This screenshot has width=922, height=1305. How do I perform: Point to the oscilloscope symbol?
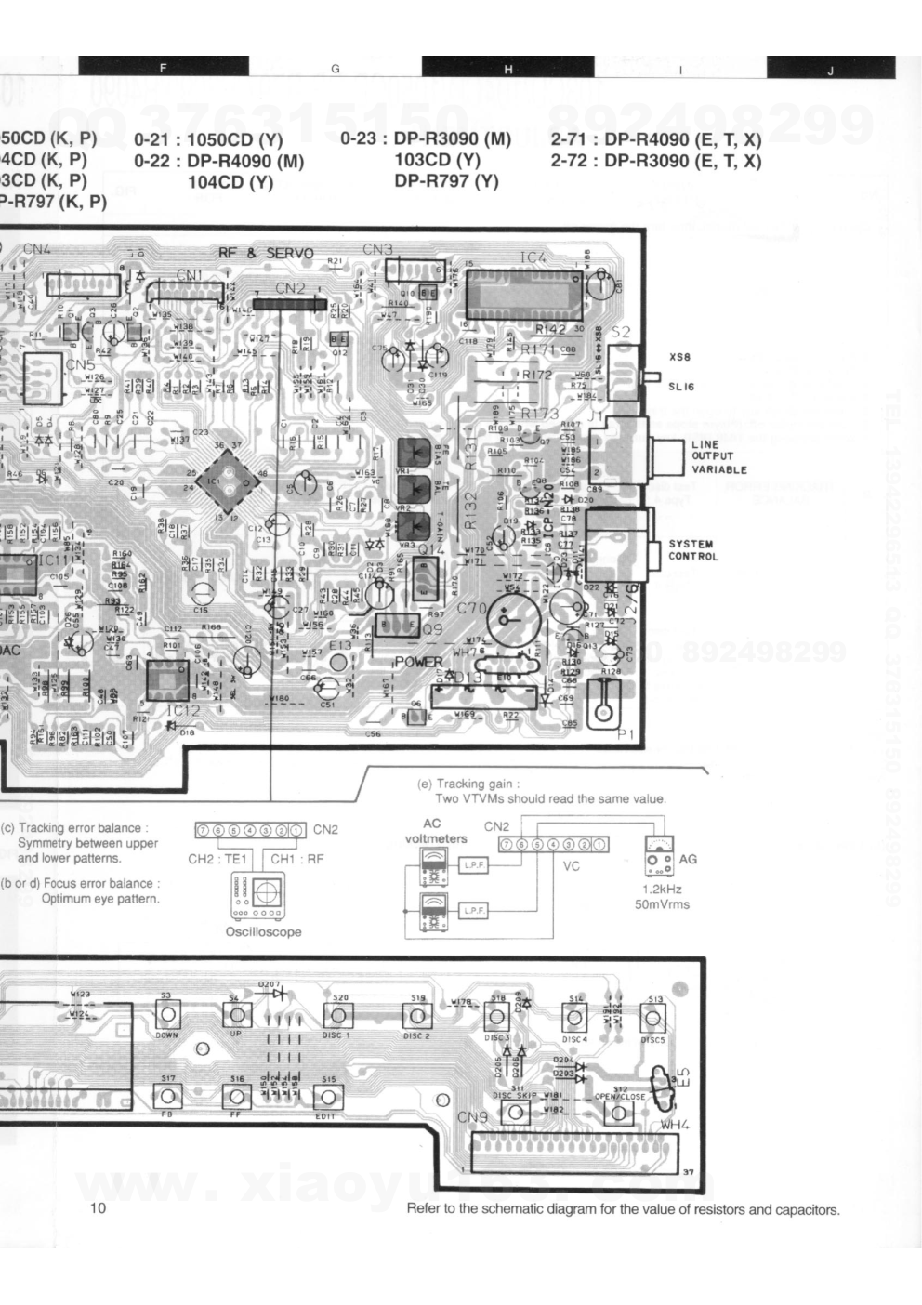[x=264, y=896]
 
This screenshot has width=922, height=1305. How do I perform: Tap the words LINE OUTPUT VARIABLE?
[x=718, y=456]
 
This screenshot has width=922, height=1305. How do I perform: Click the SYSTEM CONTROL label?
[x=692, y=550]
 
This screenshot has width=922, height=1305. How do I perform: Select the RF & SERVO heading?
[x=266, y=254]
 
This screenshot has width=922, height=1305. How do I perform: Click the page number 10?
[x=99, y=1208]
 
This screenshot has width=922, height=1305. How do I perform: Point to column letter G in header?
[x=335, y=69]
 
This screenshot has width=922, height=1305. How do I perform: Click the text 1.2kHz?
[x=662, y=889]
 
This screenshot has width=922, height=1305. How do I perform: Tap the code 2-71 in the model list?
[x=569, y=140]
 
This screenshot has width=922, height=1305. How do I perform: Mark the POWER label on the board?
[x=419, y=662]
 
